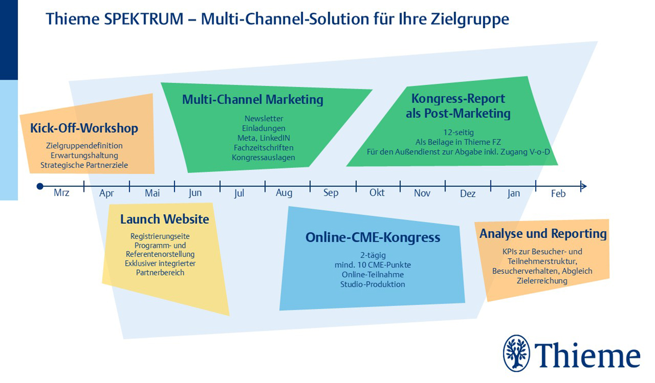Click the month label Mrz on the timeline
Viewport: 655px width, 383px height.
point(61,193)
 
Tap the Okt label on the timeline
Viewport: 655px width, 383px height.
point(377,192)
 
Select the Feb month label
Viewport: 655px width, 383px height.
point(558,193)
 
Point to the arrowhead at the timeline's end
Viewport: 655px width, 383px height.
point(584,186)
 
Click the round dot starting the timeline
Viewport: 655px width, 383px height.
point(40,186)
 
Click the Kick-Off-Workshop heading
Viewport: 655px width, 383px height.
point(84,128)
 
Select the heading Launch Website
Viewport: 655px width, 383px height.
point(165,219)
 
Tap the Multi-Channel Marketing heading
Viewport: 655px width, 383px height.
point(253,100)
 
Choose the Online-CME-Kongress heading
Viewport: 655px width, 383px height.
point(373,237)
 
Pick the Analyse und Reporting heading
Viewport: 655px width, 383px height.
point(543,234)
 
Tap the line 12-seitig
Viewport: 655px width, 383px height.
point(458,132)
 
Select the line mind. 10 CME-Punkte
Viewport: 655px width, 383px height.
point(373,265)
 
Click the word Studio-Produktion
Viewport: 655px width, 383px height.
point(373,284)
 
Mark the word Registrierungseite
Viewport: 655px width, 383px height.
point(160,236)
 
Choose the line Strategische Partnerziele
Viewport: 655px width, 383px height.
point(84,165)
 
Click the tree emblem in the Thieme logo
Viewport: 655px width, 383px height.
point(516,353)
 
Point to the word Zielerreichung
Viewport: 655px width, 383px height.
point(542,281)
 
